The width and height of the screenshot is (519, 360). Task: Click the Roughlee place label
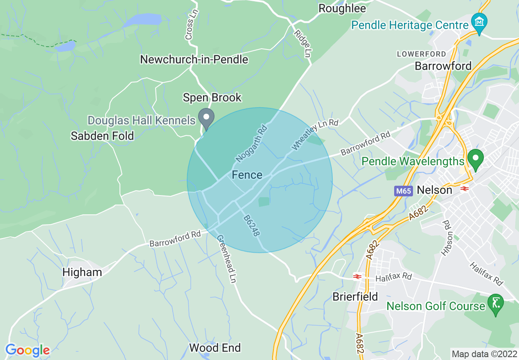pos(342,8)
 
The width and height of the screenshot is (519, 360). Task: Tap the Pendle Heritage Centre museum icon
pos(478,21)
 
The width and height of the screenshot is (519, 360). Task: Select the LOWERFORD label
pos(422,54)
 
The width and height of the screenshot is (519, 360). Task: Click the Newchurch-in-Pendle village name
pos(194,59)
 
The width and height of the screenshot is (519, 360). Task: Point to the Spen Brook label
pos(212,98)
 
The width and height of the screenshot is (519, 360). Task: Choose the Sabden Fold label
pos(102,136)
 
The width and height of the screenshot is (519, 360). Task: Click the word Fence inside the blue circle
pos(247,175)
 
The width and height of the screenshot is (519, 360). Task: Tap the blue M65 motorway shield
pos(404,191)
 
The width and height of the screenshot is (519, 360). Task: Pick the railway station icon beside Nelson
pos(464,189)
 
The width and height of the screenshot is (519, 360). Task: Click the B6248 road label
pos(251,226)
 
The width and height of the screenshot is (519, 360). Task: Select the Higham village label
pos(82,272)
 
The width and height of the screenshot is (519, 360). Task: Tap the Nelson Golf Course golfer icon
pos(496,304)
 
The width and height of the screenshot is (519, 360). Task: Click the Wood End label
pos(215,348)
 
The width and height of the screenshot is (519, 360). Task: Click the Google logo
pos(27,350)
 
